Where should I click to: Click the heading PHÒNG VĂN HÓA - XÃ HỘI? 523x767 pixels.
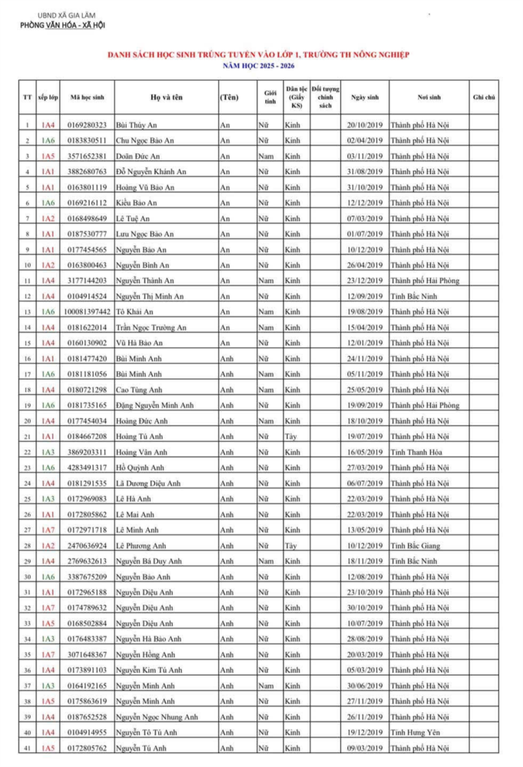pos(62,25)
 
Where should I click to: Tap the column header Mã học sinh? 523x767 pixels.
pos(87,97)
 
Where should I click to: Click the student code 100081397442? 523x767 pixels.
pos(87,311)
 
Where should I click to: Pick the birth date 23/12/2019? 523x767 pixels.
pos(364,281)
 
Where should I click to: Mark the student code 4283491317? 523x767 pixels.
pos(87,468)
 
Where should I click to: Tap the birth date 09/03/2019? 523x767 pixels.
pos(364,748)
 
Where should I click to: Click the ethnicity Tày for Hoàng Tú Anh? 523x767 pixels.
pos(292,436)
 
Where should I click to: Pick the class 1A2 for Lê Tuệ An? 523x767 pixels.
pos(48,218)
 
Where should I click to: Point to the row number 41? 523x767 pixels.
pos(27,748)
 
